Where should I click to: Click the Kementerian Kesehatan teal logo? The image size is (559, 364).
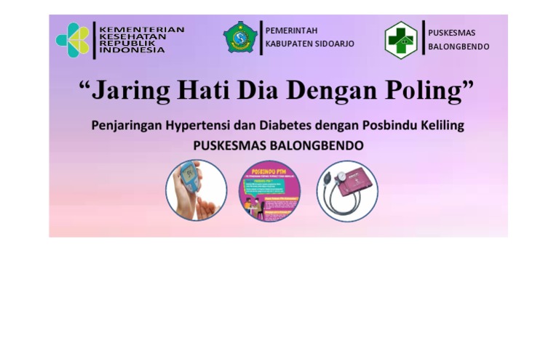(73, 40)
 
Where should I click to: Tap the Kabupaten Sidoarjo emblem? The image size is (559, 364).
(239, 37)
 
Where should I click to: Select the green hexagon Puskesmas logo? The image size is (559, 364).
(401, 40)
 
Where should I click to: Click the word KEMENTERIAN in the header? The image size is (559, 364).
(141, 30)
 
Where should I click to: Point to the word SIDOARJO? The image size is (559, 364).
(331, 44)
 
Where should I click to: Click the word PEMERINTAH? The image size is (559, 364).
(291, 31)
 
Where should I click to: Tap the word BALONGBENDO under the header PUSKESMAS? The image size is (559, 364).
(459, 47)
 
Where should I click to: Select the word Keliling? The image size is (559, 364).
(440, 126)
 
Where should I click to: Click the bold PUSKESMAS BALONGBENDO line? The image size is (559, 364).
(278, 145)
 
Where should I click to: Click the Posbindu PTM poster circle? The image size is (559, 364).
(270, 191)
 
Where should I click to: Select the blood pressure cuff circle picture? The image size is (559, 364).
(347, 191)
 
